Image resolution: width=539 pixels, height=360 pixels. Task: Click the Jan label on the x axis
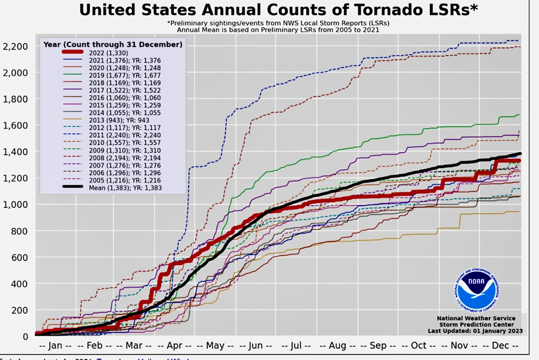click(x=56, y=345)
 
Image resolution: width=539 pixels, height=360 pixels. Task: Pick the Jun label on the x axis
click(x=255, y=345)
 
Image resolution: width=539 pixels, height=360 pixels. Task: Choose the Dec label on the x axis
click(x=500, y=345)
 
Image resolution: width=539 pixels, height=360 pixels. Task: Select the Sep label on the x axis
click(x=378, y=345)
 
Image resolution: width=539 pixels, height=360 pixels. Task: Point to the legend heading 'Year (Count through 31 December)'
click(x=113, y=44)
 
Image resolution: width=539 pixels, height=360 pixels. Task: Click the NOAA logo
click(x=478, y=290)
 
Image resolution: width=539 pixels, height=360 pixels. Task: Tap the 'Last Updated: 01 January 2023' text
click(x=475, y=331)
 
